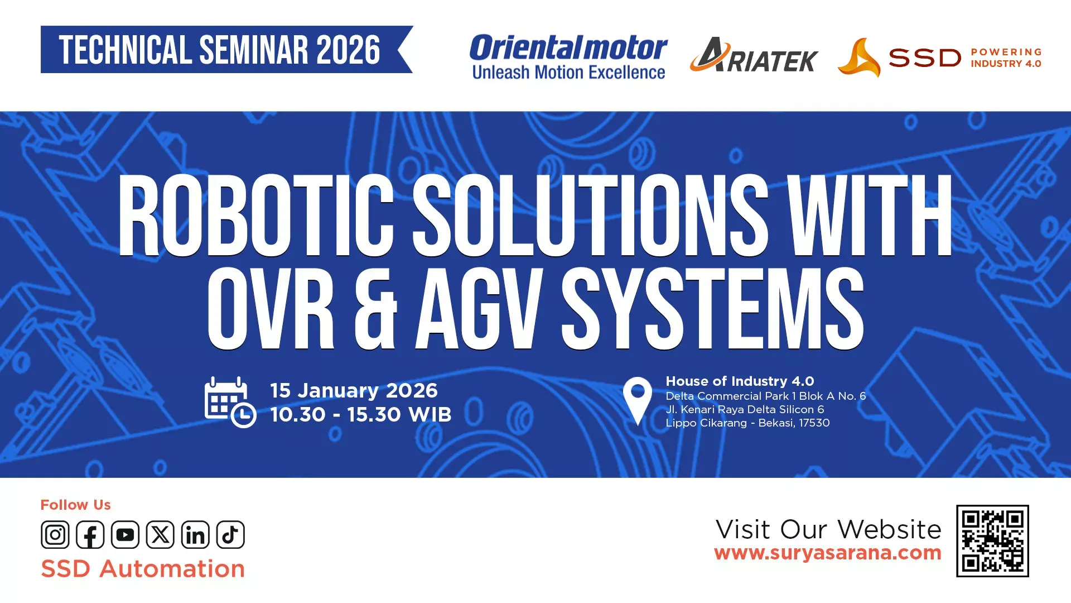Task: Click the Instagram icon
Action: tap(55, 535)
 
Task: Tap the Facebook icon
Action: tap(90, 535)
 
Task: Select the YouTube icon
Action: tap(126, 535)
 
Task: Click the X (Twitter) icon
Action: tap(160, 535)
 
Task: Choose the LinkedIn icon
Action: tap(195, 535)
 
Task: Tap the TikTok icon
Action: tap(230, 535)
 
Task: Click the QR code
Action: tap(992, 541)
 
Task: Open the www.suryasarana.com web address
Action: tap(828, 553)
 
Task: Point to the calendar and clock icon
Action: tap(230, 402)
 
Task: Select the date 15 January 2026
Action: tap(354, 390)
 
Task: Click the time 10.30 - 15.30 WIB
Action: tap(361, 415)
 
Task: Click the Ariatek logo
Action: tap(754, 55)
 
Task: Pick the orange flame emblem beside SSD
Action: tap(859, 57)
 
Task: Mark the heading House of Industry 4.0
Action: tap(740, 381)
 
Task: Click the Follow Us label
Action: tap(75, 505)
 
